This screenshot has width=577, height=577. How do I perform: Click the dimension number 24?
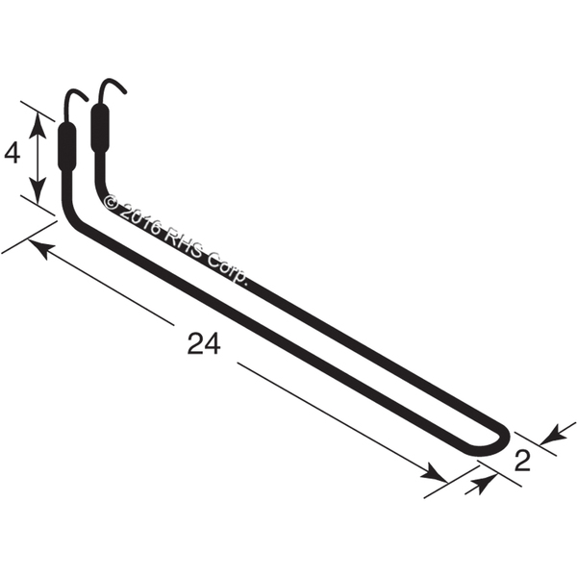(204, 343)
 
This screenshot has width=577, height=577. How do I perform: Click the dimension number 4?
(13, 154)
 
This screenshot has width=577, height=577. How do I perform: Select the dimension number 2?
(522, 460)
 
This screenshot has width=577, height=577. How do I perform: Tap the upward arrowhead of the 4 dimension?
(38, 124)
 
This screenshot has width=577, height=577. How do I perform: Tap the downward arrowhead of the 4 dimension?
(38, 190)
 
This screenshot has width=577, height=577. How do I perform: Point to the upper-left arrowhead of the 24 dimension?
(39, 248)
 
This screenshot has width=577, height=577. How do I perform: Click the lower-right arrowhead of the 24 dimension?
(435, 475)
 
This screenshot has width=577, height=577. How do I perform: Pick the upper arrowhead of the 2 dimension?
(554, 435)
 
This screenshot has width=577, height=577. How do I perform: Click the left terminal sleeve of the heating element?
(67, 146)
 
